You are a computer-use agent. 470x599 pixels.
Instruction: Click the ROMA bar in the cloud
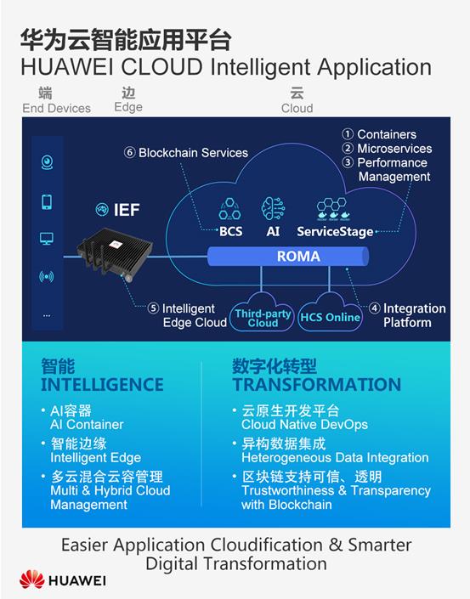coord(288,256)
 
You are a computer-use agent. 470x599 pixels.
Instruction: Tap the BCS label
coord(230,231)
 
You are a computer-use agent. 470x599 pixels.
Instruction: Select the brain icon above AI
coord(273,208)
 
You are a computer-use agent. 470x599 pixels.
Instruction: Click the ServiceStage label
coord(335,231)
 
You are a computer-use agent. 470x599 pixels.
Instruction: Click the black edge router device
coord(115,252)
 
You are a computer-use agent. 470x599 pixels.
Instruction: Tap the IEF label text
coord(127,210)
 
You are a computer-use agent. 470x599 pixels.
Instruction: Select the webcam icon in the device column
coord(47,162)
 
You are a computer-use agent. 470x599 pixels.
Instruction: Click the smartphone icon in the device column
coord(47,201)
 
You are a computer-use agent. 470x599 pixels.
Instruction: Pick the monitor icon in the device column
coord(47,239)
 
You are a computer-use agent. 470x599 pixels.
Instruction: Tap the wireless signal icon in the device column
coord(47,276)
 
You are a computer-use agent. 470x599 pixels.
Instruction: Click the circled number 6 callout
coord(129,152)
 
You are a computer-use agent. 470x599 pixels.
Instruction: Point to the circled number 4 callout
coord(375,308)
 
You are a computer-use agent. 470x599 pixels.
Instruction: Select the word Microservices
coord(394,148)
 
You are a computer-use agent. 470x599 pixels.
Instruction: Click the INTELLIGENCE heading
coord(102,384)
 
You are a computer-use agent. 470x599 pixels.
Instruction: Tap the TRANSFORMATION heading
coord(317,384)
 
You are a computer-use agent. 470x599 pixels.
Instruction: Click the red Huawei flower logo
coord(32,579)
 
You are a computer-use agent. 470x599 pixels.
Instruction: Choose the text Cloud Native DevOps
coord(304,425)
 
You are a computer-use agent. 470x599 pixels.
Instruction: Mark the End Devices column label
coord(57,109)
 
